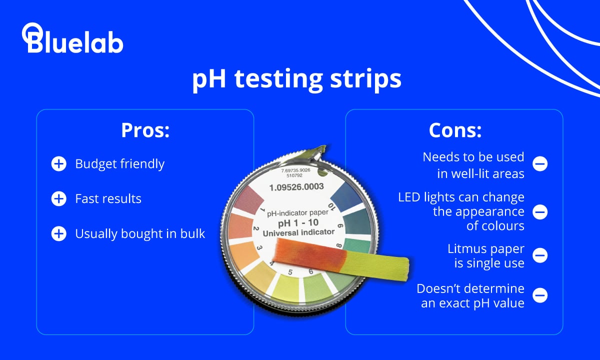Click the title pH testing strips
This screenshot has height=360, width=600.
[296, 79]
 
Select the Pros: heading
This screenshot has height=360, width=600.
[145, 130]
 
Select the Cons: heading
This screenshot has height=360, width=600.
[454, 130]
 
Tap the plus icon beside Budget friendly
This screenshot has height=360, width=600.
[58, 164]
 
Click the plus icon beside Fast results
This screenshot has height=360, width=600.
[58, 199]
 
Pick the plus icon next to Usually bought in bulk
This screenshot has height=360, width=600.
[58, 234]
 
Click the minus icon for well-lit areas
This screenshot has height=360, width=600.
[539, 164]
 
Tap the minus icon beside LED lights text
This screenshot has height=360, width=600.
[539, 212]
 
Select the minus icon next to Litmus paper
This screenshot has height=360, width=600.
[539, 255]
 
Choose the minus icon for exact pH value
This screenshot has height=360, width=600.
[539, 295]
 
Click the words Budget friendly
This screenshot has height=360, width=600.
[119, 164]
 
